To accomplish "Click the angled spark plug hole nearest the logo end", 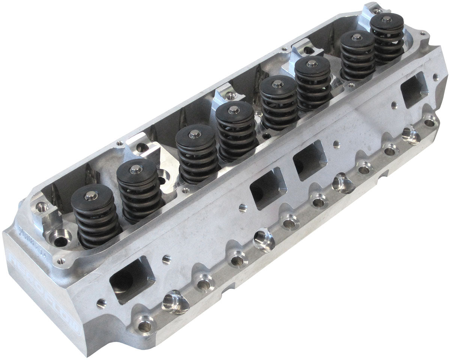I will [x=175, y=302].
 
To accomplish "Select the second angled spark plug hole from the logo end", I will [x=264, y=239].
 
